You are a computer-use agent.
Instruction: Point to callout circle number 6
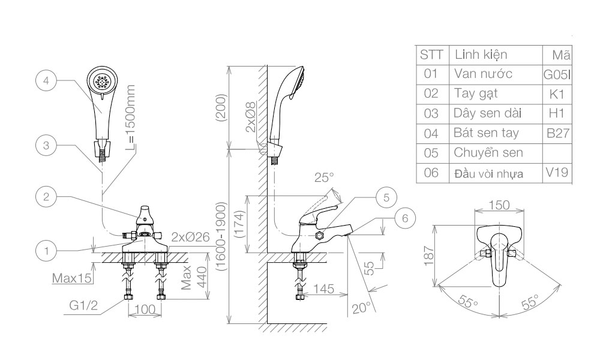click(405, 218)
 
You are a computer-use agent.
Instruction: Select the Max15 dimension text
click(71, 278)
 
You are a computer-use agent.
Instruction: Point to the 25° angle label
click(323, 178)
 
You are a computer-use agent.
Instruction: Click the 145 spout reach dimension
click(323, 289)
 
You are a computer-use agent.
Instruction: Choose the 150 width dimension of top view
click(499, 205)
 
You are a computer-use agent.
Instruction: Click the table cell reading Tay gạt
click(476, 94)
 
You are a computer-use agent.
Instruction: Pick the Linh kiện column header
click(481, 55)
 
